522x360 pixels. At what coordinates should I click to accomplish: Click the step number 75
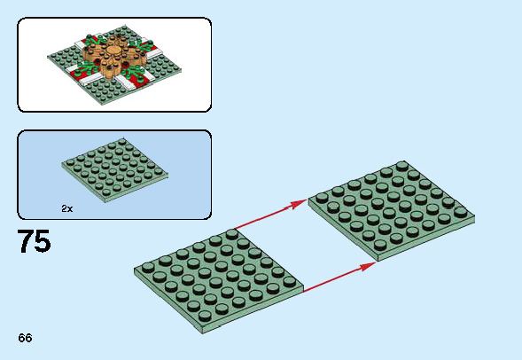pyautogui.click(x=34, y=241)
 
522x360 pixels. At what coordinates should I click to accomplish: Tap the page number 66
pyautogui.click(x=24, y=339)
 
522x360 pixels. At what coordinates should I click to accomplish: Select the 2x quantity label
pyautogui.click(x=67, y=208)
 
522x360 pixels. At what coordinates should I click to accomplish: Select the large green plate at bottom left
pyautogui.click(x=220, y=276)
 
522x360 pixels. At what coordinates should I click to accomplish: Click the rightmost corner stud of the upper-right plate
pyautogui.click(x=460, y=212)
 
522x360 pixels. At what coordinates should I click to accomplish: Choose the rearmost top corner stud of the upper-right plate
pyautogui.click(x=401, y=166)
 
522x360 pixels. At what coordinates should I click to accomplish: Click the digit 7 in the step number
pyautogui.click(x=25, y=241)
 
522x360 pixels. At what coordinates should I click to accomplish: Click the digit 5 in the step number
pyautogui.click(x=43, y=241)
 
